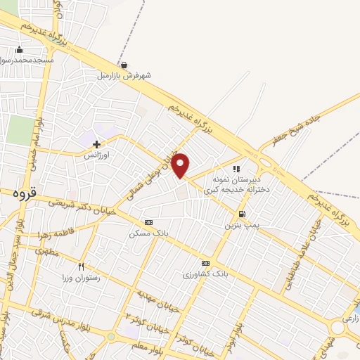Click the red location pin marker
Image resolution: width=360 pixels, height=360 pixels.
click(x=181, y=165)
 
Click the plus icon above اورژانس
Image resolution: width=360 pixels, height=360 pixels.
click(x=96, y=144)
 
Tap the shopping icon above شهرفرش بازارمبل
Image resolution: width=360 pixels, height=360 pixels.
click(x=124, y=65)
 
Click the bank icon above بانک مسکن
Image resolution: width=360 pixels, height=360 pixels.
click(x=148, y=221)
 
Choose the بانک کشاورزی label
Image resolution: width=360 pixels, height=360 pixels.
click(x=205, y=272)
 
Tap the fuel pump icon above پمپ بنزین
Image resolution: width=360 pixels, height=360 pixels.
click(x=242, y=214)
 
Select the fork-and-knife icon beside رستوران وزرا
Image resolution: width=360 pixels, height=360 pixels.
click(x=82, y=266)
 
